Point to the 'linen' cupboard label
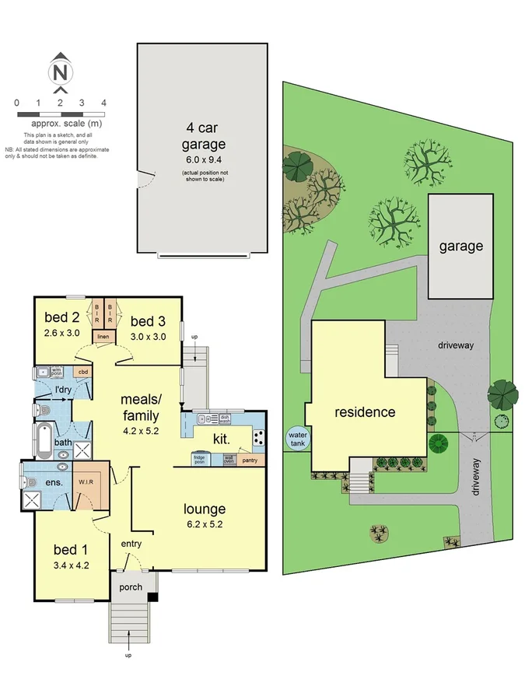102,336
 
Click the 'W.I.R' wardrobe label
86,481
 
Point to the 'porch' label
131,586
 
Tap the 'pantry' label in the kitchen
249,460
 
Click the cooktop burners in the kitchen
257,438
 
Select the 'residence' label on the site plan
365,412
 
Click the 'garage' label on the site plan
460,247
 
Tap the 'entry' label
131,544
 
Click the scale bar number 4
103,103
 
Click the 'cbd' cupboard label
82,372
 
